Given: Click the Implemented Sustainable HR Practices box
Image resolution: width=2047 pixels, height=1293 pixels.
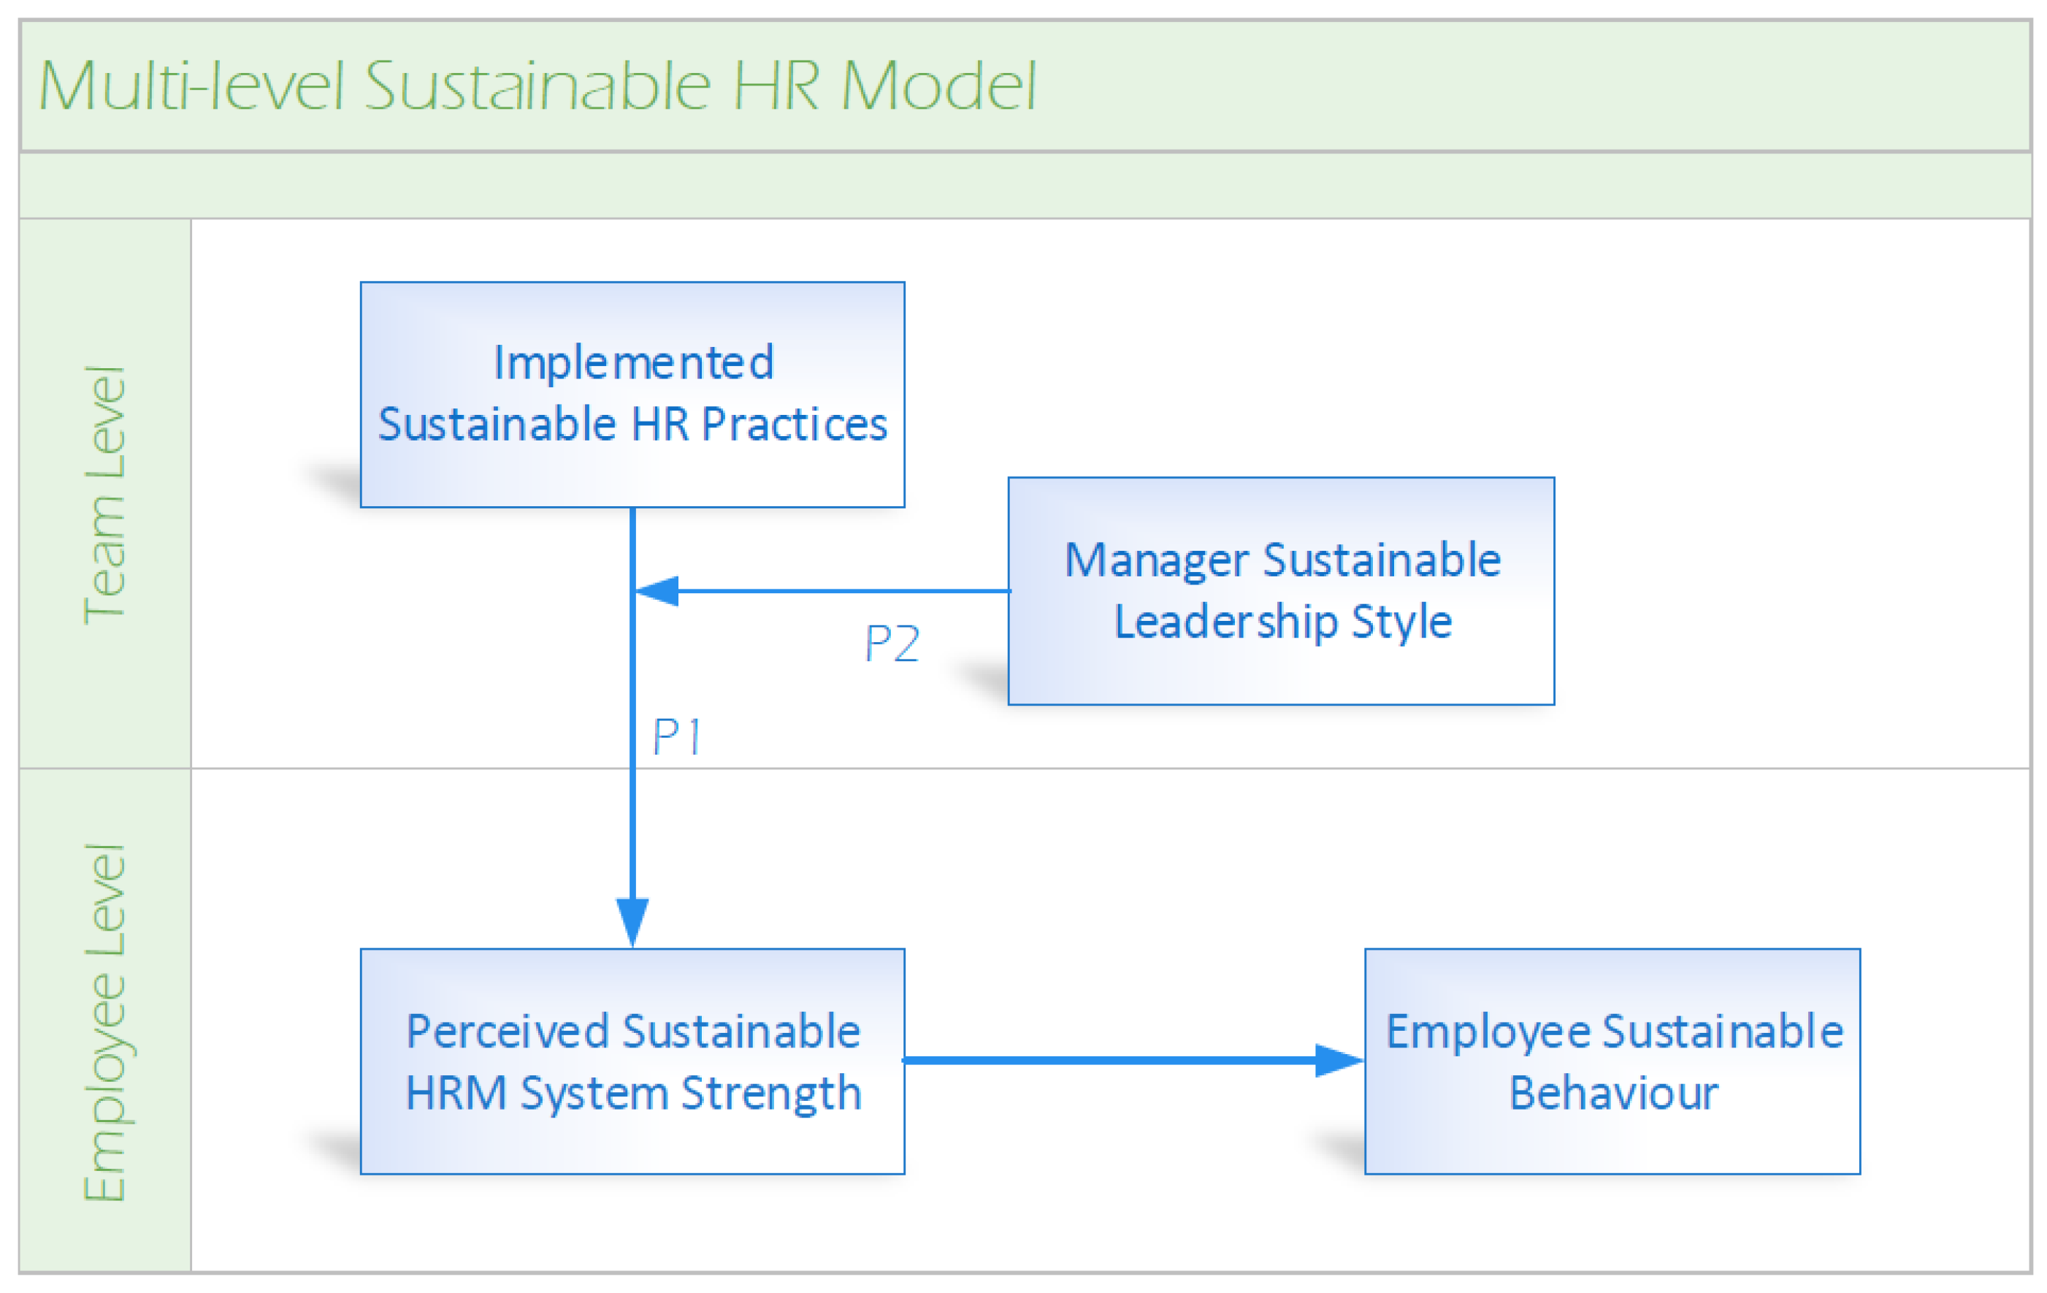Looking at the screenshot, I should [632, 394].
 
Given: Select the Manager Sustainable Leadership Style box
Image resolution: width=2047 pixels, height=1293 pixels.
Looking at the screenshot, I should [1281, 591].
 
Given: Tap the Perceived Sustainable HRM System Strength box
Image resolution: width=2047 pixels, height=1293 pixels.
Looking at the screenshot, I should [632, 1061].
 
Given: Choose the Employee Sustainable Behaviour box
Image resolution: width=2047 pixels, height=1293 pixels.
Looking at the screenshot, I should [1612, 1061].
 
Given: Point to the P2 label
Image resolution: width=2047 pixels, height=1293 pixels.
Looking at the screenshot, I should [892, 644].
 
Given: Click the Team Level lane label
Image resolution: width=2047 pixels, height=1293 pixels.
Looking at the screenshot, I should [104, 495].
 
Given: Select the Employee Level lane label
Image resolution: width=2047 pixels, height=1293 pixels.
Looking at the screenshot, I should [104, 1022].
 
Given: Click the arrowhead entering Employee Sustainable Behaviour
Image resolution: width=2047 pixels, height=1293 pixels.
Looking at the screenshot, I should [1338, 1060].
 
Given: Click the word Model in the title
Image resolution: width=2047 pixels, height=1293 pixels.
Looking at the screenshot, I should [938, 86].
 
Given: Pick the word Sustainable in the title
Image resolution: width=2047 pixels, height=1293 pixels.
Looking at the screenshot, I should [537, 86].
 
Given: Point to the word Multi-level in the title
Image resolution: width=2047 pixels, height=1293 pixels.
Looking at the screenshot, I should [192, 86].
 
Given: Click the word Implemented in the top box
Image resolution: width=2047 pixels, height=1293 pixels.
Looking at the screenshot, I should [634, 363].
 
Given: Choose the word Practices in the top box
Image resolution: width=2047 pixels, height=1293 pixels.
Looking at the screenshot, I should [794, 424].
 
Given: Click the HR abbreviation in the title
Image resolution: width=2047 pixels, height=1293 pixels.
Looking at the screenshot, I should [776, 86].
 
